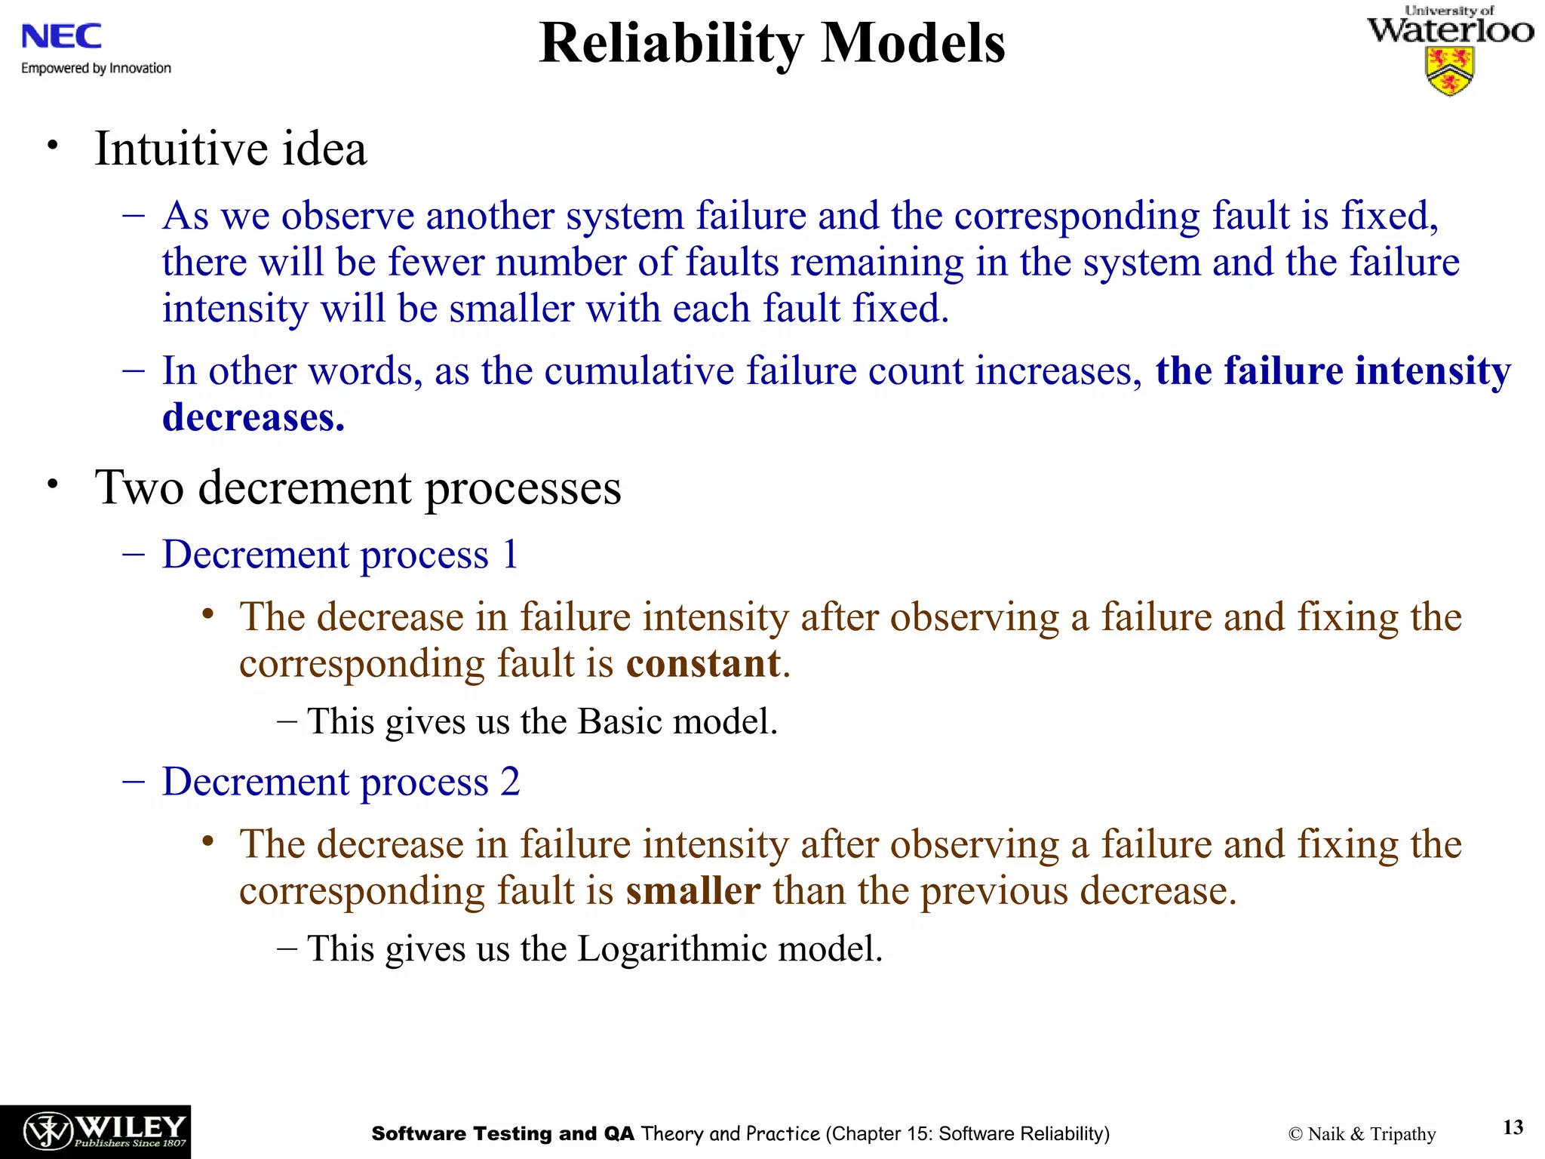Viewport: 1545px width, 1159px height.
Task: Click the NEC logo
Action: [61, 36]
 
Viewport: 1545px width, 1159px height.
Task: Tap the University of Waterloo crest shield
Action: [1449, 71]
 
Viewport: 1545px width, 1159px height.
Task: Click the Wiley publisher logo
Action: [95, 1132]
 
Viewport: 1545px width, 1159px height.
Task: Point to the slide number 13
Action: [1513, 1127]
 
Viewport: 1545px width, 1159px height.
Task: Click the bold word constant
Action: [703, 664]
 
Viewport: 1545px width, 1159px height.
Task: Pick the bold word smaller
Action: [693, 891]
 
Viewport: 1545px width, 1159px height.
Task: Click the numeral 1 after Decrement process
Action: [510, 555]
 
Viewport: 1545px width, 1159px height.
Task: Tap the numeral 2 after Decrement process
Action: [510, 782]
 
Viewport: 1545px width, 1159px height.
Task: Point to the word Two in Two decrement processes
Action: [140, 487]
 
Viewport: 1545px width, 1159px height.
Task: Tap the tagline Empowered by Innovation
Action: [96, 69]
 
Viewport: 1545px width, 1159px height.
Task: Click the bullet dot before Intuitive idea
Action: [51, 145]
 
